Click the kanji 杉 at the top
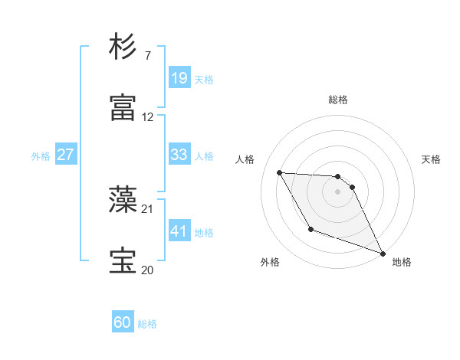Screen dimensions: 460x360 pyautogui.click(x=123, y=47)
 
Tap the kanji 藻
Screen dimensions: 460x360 pyautogui.click(x=123, y=200)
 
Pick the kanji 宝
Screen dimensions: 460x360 pyautogui.click(x=123, y=261)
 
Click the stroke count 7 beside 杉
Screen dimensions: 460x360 pyautogui.click(x=147, y=56)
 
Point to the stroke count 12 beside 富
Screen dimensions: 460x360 pyautogui.click(x=148, y=117)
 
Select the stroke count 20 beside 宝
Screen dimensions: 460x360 pyautogui.click(x=148, y=270)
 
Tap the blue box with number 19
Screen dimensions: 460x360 pyautogui.click(x=179, y=78)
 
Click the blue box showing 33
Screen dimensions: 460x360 pyautogui.click(x=179, y=155)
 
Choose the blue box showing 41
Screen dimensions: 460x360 pyautogui.click(x=179, y=231)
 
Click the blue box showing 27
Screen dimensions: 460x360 pyautogui.click(x=65, y=155)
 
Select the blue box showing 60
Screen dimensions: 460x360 pyautogui.click(x=123, y=323)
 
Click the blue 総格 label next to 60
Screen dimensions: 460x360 pyautogui.click(x=147, y=324)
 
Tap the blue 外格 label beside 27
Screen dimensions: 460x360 pyautogui.click(x=41, y=155)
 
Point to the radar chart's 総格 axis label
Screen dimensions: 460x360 pyautogui.click(x=337, y=100)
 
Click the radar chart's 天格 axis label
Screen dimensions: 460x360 pyautogui.click(x=431, y=159)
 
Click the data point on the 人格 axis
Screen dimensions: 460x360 pyautogui.click(x=279, y=172)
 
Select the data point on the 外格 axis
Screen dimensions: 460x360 pyautogui.click(x=310, y=229)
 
